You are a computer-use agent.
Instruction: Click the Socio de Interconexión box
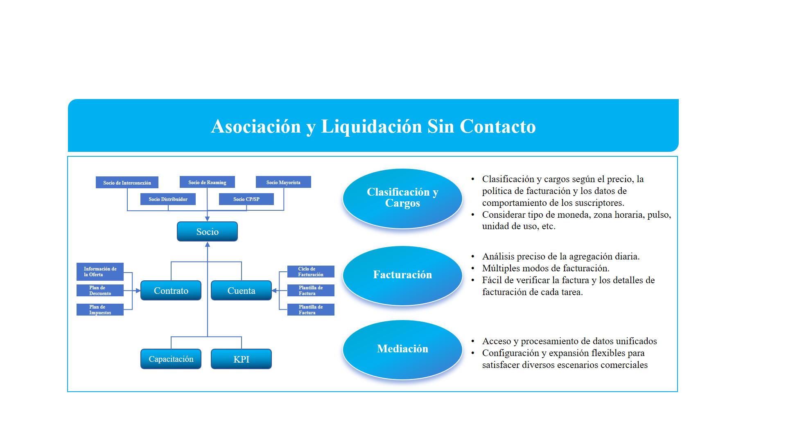[127, 183]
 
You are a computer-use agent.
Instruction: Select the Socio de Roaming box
[207, 182]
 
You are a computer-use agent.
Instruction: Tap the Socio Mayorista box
[283, 182]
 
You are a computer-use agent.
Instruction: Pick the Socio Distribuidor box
[168, 199]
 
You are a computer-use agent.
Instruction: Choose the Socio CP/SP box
[246, 199]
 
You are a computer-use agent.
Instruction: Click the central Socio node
[207, 232]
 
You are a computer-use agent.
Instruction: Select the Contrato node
[171, 291]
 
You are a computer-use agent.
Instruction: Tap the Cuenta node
[241, 291]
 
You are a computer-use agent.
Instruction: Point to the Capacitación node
[171, 359]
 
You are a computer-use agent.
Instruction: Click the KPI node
[241, 359]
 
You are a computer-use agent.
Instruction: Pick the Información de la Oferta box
[100, 272]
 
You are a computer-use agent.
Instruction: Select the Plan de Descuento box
[100, 291]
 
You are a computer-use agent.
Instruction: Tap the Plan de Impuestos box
[100, 310]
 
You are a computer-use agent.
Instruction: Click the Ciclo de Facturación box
[311, 272]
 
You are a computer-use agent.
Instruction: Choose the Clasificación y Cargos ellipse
[402, 198]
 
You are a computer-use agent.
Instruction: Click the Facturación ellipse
[402, 275]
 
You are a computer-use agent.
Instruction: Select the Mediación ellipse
[402, 349]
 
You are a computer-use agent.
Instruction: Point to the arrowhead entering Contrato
[138, 291]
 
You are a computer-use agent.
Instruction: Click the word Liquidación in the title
[371, 126]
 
